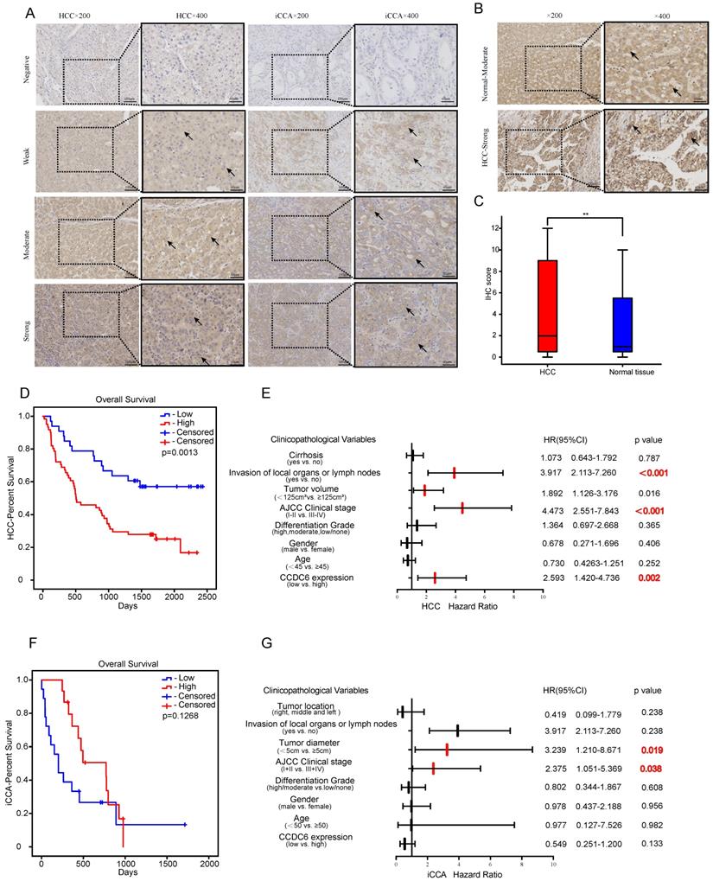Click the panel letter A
point(30,12)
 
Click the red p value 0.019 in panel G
point(653,750)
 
